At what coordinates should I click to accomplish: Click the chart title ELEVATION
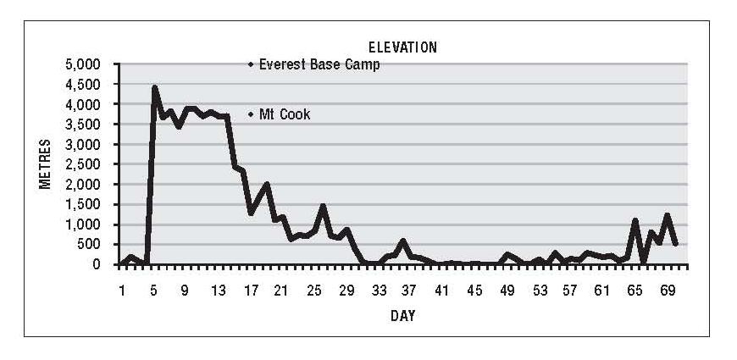pyautogui.click(x=402, y=47)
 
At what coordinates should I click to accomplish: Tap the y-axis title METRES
pyautogui.click(x=47, y=163)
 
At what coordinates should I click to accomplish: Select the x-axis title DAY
pyautogui.click(x=402, y=316)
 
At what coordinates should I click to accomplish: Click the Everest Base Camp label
pyautogui.click(x=319, y=64)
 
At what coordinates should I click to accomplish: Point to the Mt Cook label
pyautogui.click(x=285, y=114)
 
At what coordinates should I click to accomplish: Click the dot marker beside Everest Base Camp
pyautogui.click(x=251, y=64)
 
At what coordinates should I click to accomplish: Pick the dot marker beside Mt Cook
pyautogui.click(x=251, y=114)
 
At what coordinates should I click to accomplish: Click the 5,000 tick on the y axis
pyautogui.click(x=83, y=64)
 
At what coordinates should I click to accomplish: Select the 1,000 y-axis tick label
pyautogui.click(x=83, y=224)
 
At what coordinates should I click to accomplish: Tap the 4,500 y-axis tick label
pyautogui.click(x=83, y=85)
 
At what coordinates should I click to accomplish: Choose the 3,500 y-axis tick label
pyautogui.click(x=83, y=125)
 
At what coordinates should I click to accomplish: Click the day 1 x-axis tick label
pyautogui.click(x=122, y=291)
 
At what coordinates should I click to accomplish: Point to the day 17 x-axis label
pyautogui.click(x=251, y=291)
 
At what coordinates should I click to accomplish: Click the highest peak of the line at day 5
pyautogui.click(x=154, y=87)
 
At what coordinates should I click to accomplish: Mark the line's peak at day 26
pyautogui.click(x=323, y=206)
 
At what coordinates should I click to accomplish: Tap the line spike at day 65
pyautogui.click(x=634, y=220)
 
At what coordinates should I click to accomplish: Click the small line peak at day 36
pyautogui.click(x=402, y=241)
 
